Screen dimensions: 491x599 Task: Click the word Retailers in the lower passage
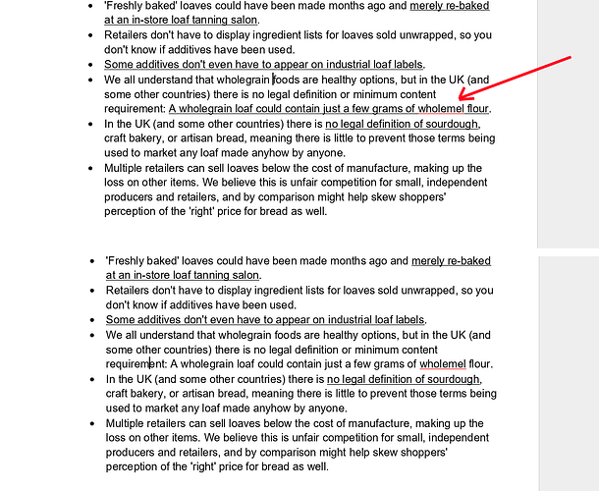pyautogui.click(x=131, y=291)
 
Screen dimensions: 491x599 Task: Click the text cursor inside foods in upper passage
pyautogui.click(x=273, y=79)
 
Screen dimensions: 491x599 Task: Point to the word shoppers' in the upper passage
pyautogui.click(x=421, y=196)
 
